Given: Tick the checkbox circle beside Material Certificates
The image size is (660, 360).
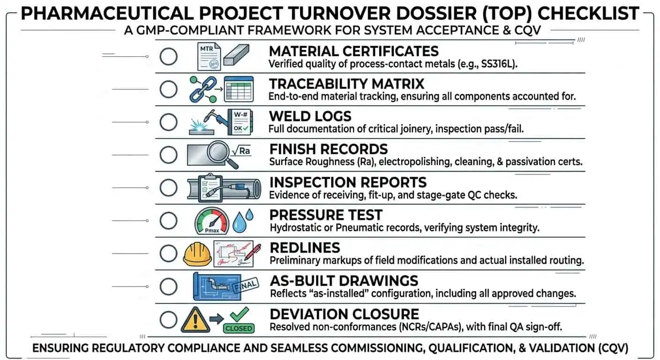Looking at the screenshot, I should point(168,57).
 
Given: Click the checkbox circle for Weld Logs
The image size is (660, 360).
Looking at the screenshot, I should point(168,122).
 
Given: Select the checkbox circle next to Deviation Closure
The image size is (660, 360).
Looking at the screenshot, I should point(168,320).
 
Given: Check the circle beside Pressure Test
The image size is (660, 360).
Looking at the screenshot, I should point(168,221).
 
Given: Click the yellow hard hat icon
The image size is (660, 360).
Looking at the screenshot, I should point(196,254).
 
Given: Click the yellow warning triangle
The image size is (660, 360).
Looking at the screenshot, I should point(195,319).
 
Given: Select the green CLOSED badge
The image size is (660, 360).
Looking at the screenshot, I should point(238,328).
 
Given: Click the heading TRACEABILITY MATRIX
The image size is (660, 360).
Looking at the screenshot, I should point(346,84).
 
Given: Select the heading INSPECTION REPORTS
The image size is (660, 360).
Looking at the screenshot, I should point(348,182).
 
